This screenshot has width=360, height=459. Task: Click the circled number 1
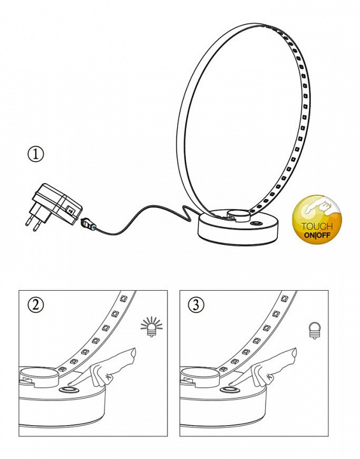pyautogui.click(x=36, y=154)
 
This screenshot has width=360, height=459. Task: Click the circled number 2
pyautogui.click(x=36, y=305)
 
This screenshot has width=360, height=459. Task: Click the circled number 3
pyautogui.click(x=196, y=305)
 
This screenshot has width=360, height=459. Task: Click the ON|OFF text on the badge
pyautogui.click(x=317, y=235)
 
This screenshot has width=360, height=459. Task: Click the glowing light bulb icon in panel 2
pyautogui.click(x=152, y=326)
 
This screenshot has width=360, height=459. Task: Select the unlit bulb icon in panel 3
pyautogui.click(x=314, y=331)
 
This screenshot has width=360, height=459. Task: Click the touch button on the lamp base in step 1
pyautogui.click(x=257, y=223)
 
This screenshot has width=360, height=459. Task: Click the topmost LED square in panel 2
pyautogui.click(x=123, y=299)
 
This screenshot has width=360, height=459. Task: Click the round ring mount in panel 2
pyautogui.click(x=38, y=377)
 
